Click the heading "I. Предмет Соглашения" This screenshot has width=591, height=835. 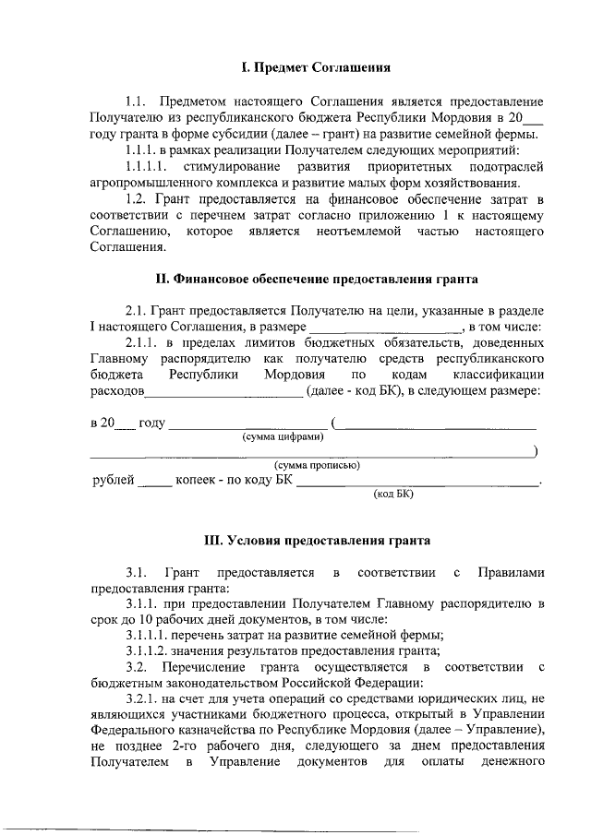point(309,67)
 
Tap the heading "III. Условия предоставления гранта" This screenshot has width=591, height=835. point(316,540)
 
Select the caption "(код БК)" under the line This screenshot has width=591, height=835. point(394,494)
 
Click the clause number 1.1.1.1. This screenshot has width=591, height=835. point(147,166)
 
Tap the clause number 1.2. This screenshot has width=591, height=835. point(137,198)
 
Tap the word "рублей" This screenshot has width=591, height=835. point(115,480)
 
